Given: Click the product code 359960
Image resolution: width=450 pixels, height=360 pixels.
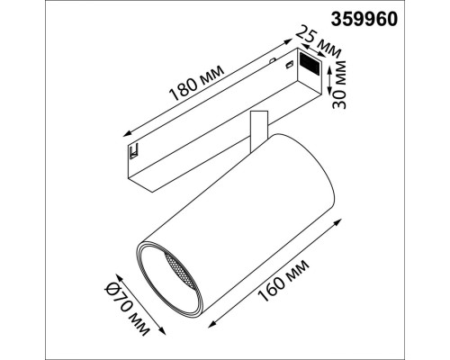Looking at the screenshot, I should coord(401,16).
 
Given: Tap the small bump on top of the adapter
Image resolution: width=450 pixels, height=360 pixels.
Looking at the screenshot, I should coord(274,60).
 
